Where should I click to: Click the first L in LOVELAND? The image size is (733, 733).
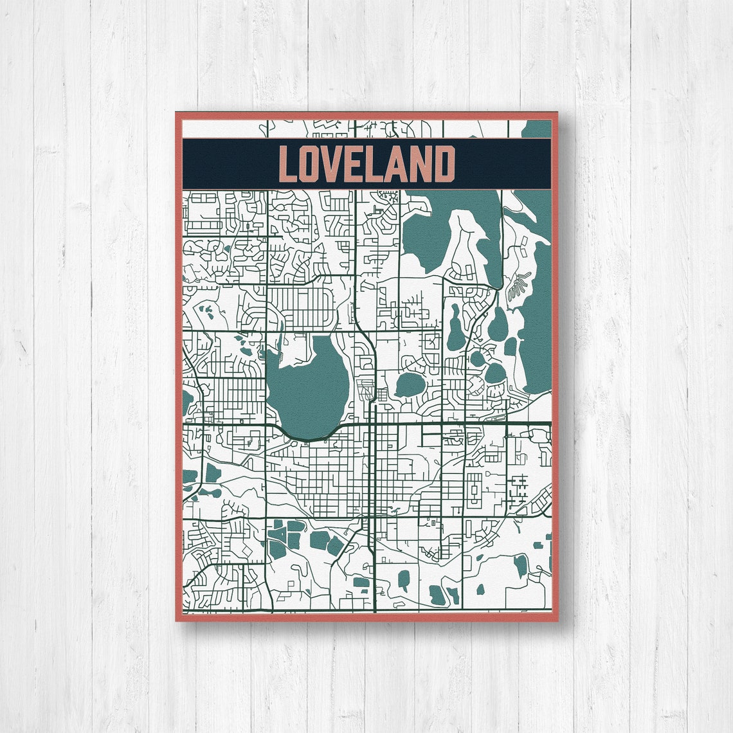[289, 165]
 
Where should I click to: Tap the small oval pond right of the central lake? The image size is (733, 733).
[410, 385]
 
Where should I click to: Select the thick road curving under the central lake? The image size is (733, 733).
[309, 439]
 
